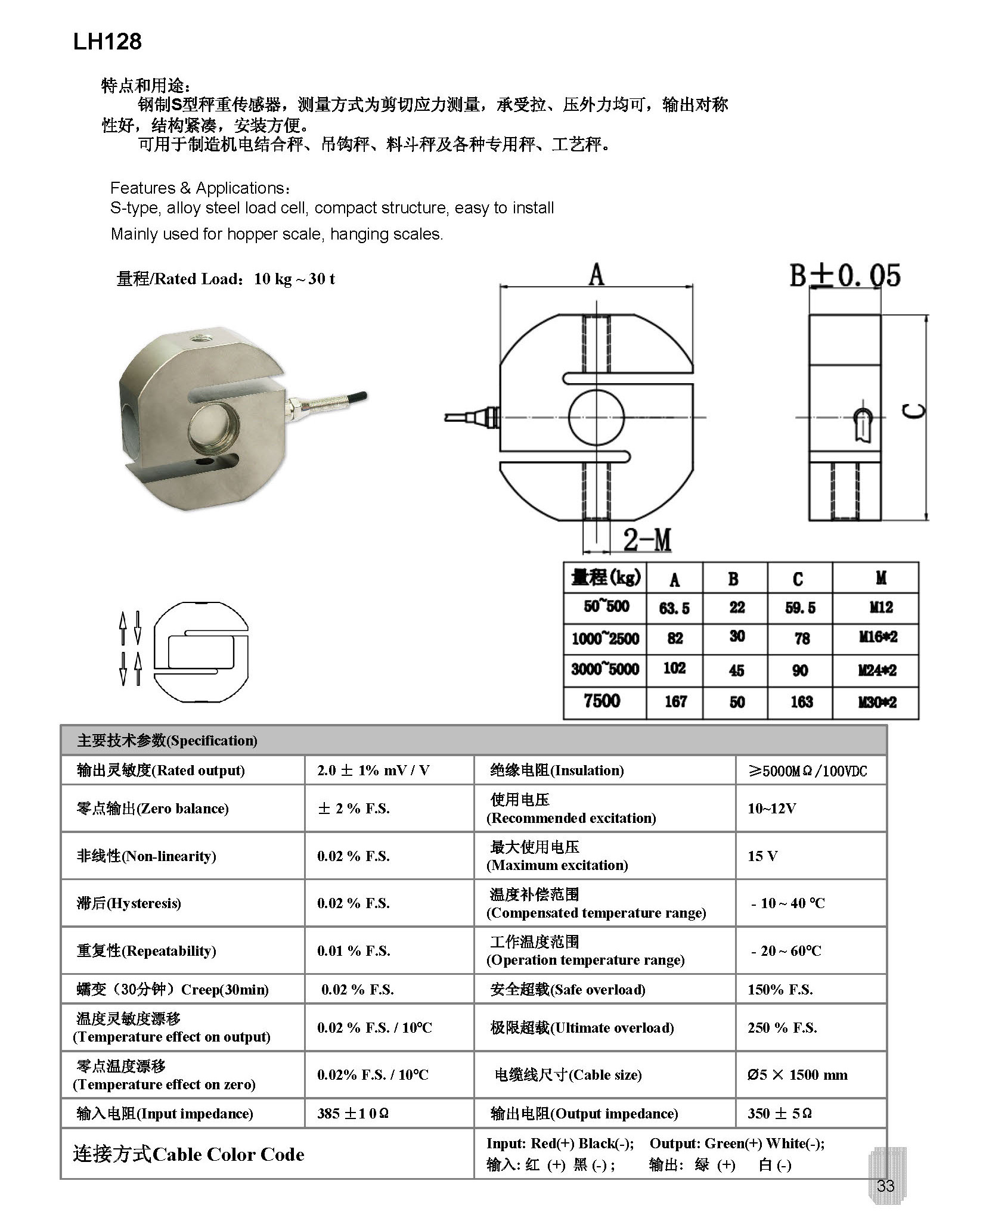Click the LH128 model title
pos(107,42)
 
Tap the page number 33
pos(885,1185)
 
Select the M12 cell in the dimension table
pos(880,607)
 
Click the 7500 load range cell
pos(602,701)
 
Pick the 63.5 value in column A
pos(674,608)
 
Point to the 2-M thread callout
pos(647,540)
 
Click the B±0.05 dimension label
pos(845,276)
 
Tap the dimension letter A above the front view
pos(596,275)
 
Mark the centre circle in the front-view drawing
pos(596,418)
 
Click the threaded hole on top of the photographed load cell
pos(198,339)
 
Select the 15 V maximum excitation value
pos(762,856)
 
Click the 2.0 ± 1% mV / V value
pos(373,770)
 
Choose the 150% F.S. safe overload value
pos(780,990)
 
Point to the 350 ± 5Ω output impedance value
pos(780,1114)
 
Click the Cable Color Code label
pos(188,1155)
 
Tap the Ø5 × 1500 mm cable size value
pos(797,1075)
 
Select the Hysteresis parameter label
pos(129,903)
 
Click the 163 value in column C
pos(801,702)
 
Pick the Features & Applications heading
pos(200,188)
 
